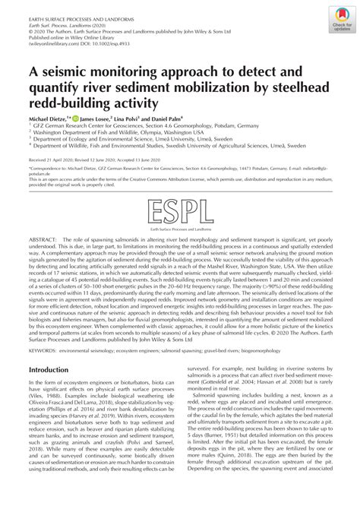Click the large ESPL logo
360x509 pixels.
180,207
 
